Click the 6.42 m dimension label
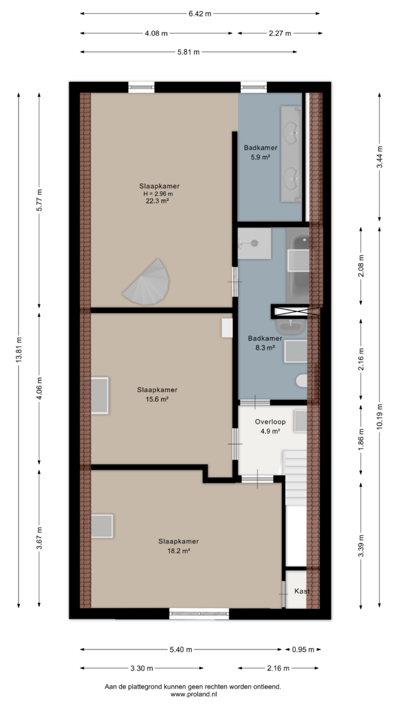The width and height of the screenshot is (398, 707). (200, 14)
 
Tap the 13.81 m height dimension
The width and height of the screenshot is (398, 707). (18, 350)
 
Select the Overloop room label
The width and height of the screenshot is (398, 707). (270, 422)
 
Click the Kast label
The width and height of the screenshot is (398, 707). (302, 591)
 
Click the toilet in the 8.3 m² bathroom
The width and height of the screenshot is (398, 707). (302, 381)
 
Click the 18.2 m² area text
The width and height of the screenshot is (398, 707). (179, 551)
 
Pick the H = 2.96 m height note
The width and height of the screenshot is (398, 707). (158, 194)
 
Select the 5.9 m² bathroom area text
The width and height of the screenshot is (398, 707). (260, 157)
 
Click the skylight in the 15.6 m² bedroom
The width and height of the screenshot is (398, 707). (99, 395)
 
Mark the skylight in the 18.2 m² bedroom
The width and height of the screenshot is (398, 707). (102, 526)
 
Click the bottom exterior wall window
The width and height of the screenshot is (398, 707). (199, 613)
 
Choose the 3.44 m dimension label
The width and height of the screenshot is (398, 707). (379, 157)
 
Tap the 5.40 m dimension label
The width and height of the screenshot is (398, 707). (181, 650)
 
